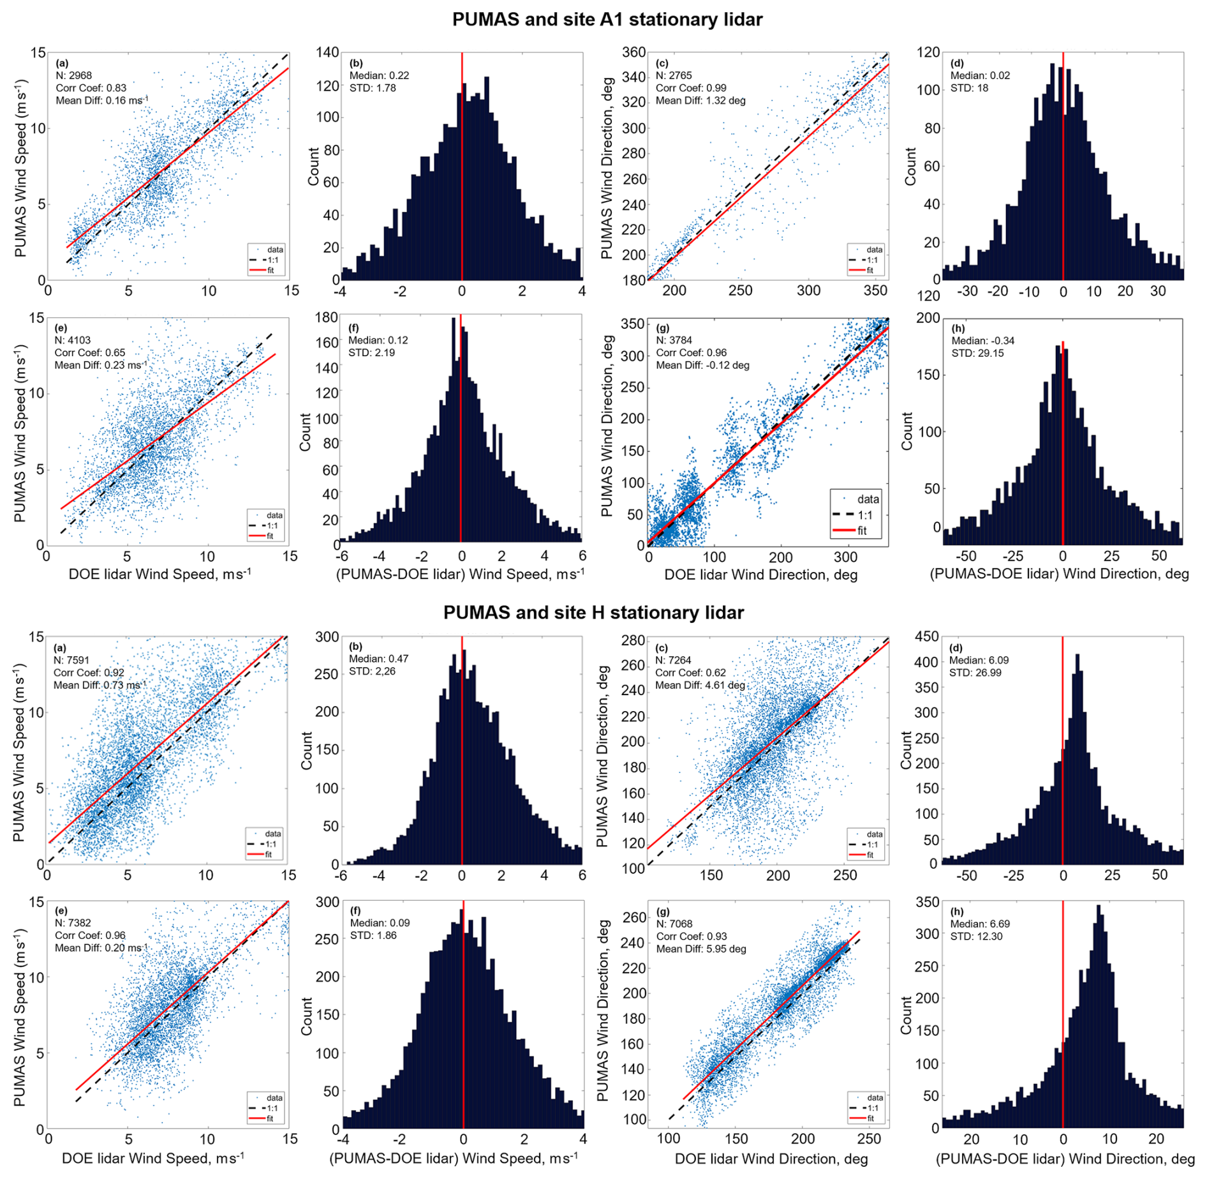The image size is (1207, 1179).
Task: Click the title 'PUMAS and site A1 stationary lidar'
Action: pyautogui.click(x=607, y=20)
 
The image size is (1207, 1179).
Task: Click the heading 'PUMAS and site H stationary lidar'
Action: pyautogui.click(x=593, y=613)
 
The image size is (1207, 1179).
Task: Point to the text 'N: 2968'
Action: pyautogui.click(x=74, y=75)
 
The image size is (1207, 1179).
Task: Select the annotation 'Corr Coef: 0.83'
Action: pyautogui.click(x=91, y=88)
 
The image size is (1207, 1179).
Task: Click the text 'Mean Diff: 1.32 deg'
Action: pyautogui.click(x=700, y=100)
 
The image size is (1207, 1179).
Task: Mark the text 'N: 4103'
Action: pyautogui.click(x=73, y=340)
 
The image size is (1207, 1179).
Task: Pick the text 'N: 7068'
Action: pyautogui.click(x=674, y=924)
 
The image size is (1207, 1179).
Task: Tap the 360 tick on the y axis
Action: pyautogui.click(x=633, y=52)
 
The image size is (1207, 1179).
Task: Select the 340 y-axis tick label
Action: pyautogui.click(x=633, y=77)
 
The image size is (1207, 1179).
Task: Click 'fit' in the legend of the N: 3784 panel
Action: pyautogui.click(x=861, y=531)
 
